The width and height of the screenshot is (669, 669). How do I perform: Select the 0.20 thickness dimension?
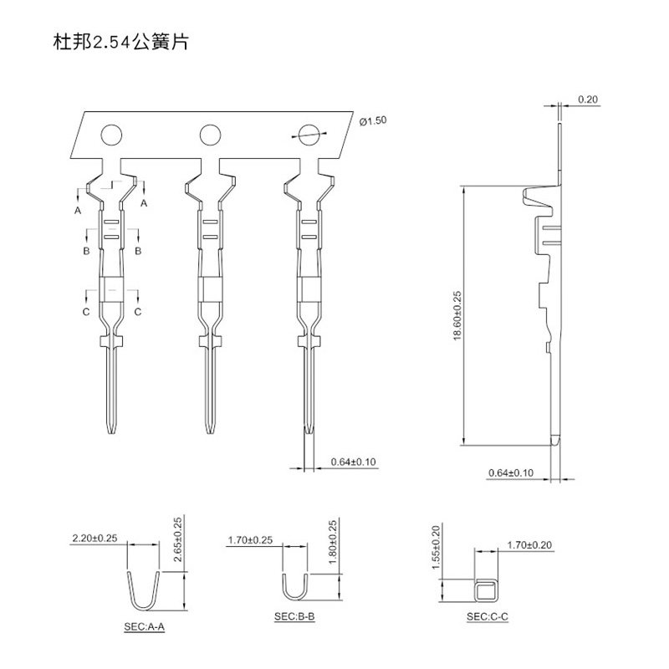tap(588, 100)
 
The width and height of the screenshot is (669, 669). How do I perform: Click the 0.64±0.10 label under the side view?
tap(510, 473)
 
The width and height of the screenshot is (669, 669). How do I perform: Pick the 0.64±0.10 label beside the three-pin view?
tap(354, 462)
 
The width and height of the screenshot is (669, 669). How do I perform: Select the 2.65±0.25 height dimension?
tap(176, 540)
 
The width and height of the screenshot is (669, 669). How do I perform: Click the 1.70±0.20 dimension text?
tap(530, 546)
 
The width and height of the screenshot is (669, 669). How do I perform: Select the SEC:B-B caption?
tap(294, 616)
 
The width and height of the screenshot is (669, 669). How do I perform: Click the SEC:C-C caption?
tap(488, 616)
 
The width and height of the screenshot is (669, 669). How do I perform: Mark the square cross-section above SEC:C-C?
tap(485, 591)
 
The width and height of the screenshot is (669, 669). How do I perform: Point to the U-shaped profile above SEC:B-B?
tap(293, 585)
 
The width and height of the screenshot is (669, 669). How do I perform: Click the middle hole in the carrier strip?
tap(208, 133)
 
